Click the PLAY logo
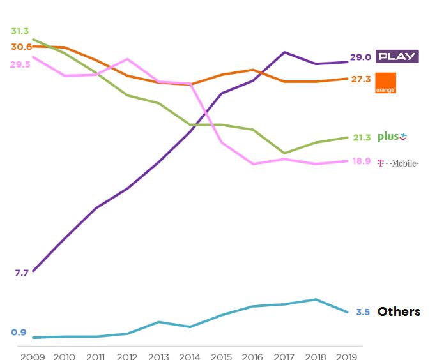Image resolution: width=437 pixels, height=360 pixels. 396,56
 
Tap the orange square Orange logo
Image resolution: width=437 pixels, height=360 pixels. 385,83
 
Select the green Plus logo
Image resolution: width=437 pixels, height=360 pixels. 392,137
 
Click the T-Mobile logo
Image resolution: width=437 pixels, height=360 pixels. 398,163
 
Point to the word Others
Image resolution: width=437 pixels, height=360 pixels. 399,311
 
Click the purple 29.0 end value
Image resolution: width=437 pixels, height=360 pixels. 360,57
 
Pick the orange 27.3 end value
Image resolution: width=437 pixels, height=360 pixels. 360,79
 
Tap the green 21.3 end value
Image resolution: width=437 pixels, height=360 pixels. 362,137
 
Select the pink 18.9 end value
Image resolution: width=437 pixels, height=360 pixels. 362,161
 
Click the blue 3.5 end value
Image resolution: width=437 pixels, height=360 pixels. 363,312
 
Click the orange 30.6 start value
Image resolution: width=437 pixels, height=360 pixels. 21,47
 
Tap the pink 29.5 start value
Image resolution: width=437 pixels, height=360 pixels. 20,64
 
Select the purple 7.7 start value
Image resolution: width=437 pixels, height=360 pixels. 22,273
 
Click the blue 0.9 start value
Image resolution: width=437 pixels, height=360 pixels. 19,332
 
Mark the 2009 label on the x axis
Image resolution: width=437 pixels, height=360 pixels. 33,356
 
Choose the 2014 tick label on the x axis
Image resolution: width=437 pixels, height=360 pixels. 190,356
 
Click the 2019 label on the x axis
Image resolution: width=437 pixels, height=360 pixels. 346,356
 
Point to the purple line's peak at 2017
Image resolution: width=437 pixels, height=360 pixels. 284,52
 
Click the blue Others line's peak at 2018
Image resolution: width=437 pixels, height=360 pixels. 315,299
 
